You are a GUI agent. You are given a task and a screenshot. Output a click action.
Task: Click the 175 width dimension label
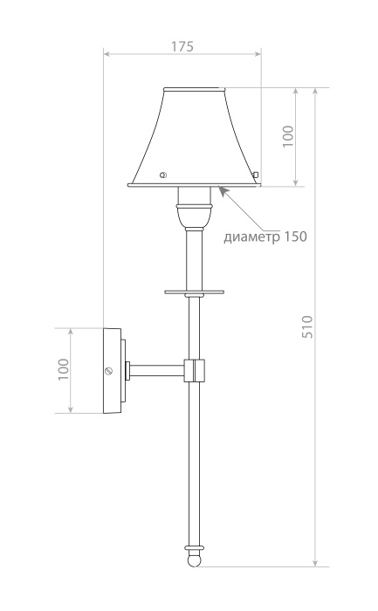pyautogui.click(x=182, y=46)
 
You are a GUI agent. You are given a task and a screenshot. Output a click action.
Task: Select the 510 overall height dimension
pyautogui.click(x=306, y=326)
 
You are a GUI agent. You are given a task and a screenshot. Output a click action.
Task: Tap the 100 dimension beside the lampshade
pyautogui.click(x=288, y=136)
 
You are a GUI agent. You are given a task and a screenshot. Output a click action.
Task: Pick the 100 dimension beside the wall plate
pyautogui.click(x=63, y=370)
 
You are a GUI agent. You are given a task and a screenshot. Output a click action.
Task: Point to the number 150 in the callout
pyautogui.click(x=294, y=237)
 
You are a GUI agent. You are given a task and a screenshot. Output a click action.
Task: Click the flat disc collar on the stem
pyautogui.click(x=194, y=292)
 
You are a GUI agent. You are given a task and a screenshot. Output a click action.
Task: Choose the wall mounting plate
pyautogui.click(x=113, y=370)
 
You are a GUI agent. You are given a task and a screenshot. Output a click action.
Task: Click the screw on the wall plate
pyautogui.click(x=109, y=371)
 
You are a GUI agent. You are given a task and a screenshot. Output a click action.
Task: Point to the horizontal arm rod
pyautogui.click(x=157, y=371)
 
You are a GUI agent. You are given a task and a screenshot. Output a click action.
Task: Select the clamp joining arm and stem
pyautogui.click(x=195, y=371)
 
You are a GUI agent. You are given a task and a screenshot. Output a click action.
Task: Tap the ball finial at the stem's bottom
pyautogui.click(x=195, y=555)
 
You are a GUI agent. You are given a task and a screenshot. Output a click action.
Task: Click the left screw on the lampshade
pyautogui.click(x=162, y=175)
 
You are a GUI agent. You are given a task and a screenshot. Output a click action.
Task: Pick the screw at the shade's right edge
pyautogui.click(x=256, y=175)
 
